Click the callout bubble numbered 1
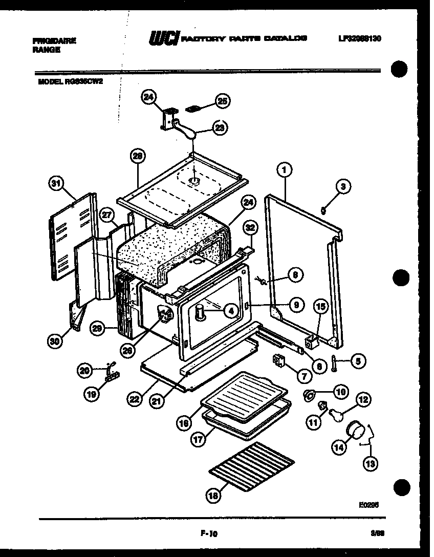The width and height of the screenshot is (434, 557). coord(285,169)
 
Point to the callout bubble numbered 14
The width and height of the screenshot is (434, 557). coord(339,447)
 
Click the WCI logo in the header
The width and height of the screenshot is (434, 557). coord(162,39)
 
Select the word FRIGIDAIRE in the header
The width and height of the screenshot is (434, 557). coord(54,41)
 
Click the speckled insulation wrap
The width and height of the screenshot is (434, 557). coord(169,246)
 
